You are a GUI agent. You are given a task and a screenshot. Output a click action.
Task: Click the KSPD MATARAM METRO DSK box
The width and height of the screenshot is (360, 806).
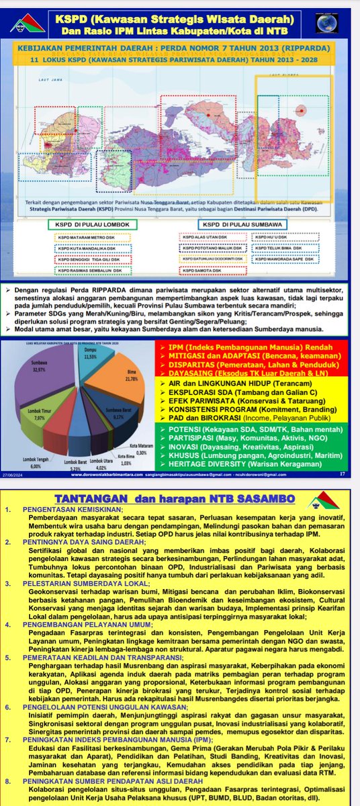click(84, 236)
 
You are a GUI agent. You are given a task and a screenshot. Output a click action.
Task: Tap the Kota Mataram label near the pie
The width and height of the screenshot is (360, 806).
click(138, 449)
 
